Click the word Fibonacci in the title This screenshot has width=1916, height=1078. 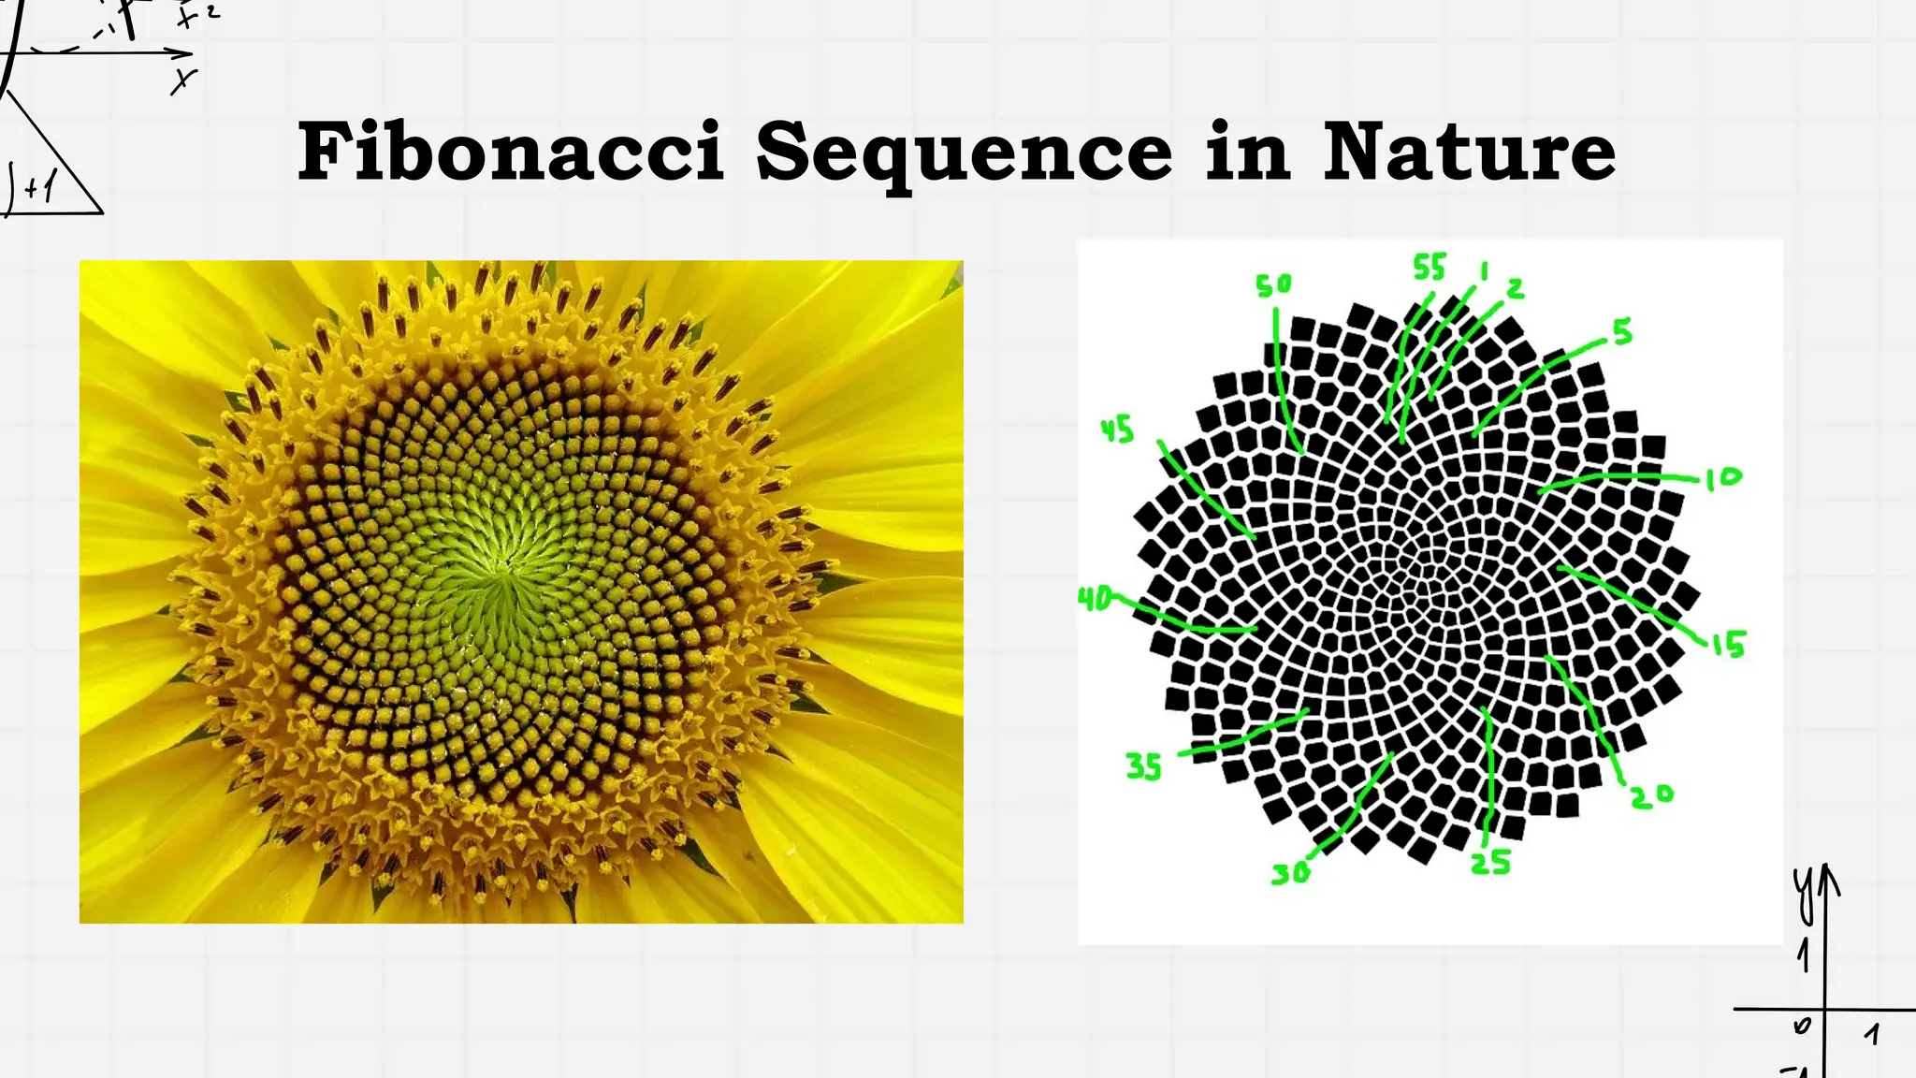point(511,152)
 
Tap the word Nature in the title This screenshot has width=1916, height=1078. point(1469,152)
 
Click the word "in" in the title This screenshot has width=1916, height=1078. point(1248,152)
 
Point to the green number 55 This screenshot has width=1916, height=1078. point(1429,268)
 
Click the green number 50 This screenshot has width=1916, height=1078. point(1273,284)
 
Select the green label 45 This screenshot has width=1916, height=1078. point(1117,430)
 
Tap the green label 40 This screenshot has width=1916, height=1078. point(1096,598)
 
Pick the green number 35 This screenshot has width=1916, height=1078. point(1143,767)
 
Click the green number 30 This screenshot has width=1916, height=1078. point(1290,874)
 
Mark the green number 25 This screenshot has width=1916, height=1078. point(1490,862)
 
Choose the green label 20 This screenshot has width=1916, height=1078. point(1652,795)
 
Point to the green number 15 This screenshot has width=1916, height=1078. point(1729,644)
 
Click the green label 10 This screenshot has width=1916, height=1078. point(1722,478)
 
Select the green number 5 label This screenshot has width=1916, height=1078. point(1622,331)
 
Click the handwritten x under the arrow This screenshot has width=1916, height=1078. point(183,82)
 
